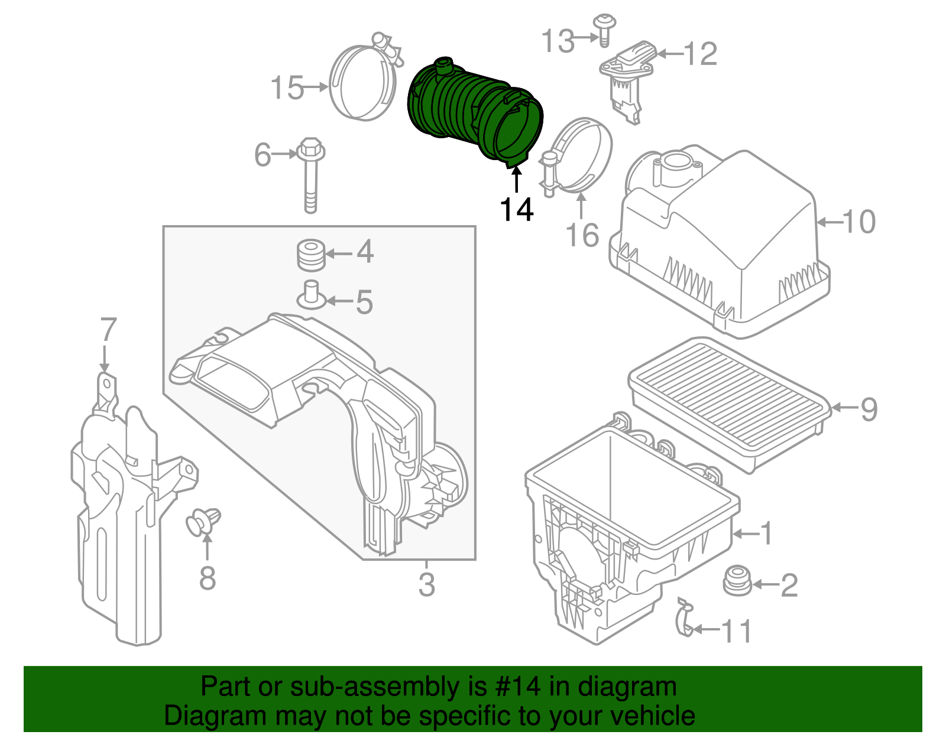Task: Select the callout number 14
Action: coord(517,209)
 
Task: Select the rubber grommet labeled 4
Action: coord(310,255)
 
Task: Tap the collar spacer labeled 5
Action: coord(311,295)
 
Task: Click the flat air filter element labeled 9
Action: coord(727,402)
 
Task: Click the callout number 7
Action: coord(108,330)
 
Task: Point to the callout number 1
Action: coord(766,533)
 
